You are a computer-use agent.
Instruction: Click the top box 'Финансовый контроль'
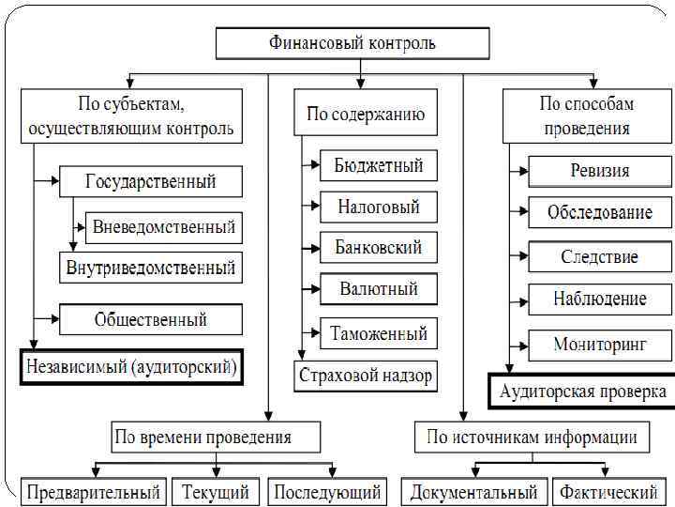click(x=352, y=43)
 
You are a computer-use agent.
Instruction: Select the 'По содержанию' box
click(x=366, y=115)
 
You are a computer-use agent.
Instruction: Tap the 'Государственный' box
click(x=151, y=180)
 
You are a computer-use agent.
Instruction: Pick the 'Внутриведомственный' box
click(x=151, y=268)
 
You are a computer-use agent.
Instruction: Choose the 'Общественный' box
click(x=151, y=319)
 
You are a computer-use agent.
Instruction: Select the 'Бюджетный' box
click(x=379, y=166)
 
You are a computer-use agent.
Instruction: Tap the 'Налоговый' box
click(x=379, y=207)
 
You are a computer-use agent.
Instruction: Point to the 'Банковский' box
click(x=379, y=248)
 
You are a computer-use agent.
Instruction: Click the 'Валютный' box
click(x=379, y=288)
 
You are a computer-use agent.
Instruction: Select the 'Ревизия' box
click(x=600, y=171)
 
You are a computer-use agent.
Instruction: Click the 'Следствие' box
click(x=600, y=256)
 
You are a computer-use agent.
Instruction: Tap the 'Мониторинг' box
click(x=600, y=344)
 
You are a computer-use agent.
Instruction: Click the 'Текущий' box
click(x=216, y=491)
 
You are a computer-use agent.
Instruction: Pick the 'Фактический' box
click(x=608, y=491)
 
